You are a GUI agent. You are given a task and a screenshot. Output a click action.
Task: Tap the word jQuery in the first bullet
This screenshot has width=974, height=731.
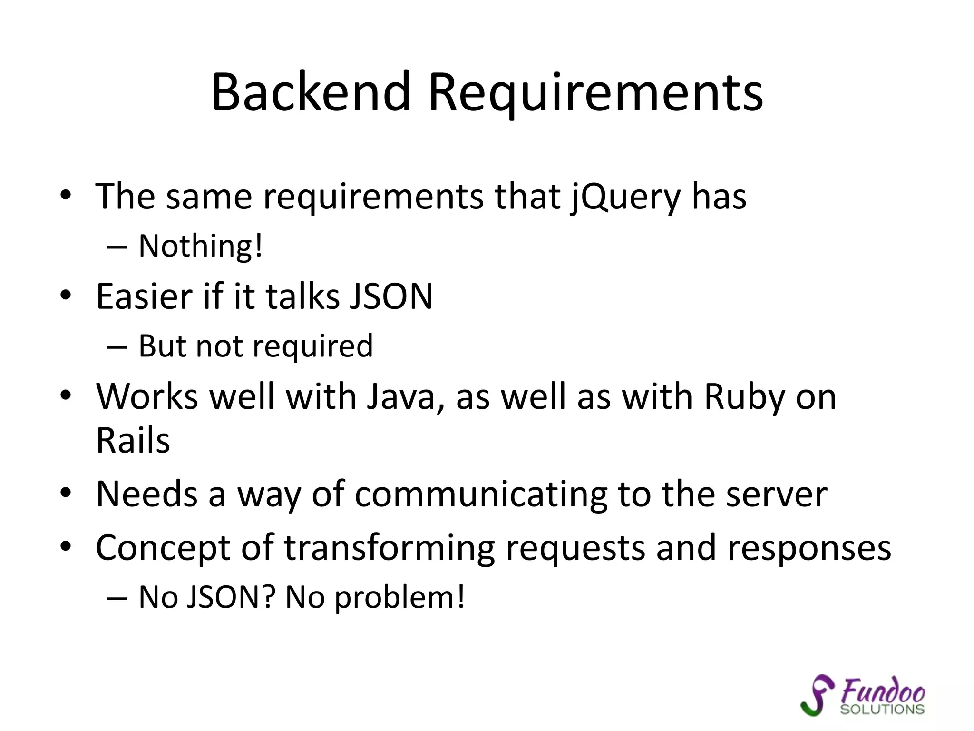[625, 198]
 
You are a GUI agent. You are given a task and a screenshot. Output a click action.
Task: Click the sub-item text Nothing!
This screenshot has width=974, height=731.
[200, 247]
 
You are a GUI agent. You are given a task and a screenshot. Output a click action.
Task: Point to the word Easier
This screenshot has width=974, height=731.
[144, 297]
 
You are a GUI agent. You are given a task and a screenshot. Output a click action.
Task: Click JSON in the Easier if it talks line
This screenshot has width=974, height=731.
[390, 297]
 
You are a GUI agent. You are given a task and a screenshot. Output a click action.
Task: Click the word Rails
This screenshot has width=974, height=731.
[133, 441]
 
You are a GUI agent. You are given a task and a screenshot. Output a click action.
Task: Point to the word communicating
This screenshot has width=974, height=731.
[481, 495]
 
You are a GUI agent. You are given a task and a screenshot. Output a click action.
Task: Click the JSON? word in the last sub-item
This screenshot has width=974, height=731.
[230, 597]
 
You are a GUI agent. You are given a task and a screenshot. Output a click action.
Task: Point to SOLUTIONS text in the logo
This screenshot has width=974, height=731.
[882, 710]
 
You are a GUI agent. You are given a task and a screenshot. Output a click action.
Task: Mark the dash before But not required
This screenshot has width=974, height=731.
[117, 347]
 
